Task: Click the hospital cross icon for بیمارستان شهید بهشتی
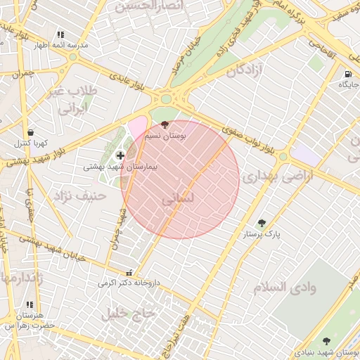coord(120,155)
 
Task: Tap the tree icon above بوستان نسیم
coord(165,124)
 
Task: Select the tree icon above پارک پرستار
coord(262,223)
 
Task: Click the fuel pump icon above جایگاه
coord(348,74)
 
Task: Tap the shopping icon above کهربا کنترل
coord(30,132)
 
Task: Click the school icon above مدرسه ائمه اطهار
coord(60,34)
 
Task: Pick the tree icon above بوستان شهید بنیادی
coord(326,341)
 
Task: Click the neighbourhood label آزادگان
coord(250,70)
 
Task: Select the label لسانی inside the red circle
coord(176,199)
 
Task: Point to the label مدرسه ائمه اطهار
coord(64,45)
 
